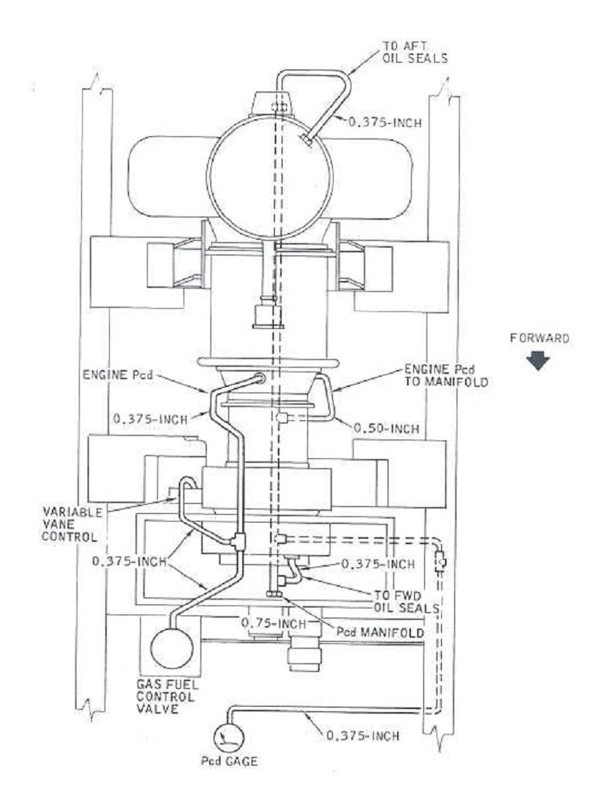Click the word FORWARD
click(x=536, y=337)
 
